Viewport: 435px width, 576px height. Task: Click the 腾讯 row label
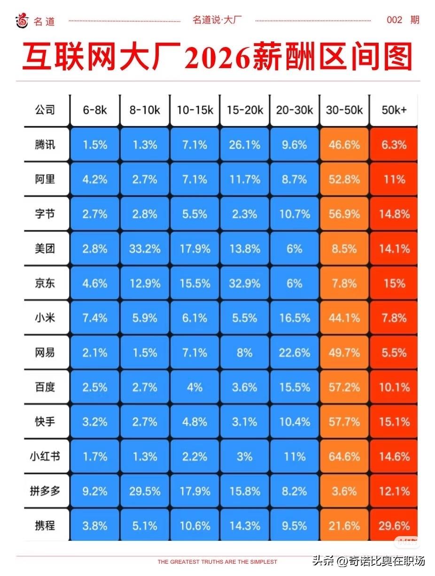coord(45,145)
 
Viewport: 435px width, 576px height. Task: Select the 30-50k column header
coord(344,110)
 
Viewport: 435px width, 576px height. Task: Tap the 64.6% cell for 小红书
coord(344,456)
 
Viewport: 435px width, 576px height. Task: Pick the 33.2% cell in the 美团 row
coord(145,249)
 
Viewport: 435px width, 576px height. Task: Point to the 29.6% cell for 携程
coord(394,525)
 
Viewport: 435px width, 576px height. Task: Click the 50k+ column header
coord(394,110)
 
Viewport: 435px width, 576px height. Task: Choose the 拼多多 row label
coord(45,491)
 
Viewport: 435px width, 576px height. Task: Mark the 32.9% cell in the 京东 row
coord(244,283)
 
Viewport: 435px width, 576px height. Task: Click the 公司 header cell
coord(45,110)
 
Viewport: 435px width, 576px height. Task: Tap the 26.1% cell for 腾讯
coord(244,145)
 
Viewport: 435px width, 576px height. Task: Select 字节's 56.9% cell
coord(344,214)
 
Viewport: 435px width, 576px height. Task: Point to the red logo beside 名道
coord(22,20)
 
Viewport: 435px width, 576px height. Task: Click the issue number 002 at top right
coord(395,20)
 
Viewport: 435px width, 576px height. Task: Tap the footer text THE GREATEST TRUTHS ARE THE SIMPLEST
coord(217,561)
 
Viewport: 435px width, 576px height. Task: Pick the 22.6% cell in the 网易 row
coord(294,352)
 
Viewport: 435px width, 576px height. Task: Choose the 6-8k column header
coord(95,110)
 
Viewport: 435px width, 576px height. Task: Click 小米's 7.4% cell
coord(95,318)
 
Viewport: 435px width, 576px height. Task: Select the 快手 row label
coord(45,421)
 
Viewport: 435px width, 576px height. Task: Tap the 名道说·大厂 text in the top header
coord(217,20)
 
